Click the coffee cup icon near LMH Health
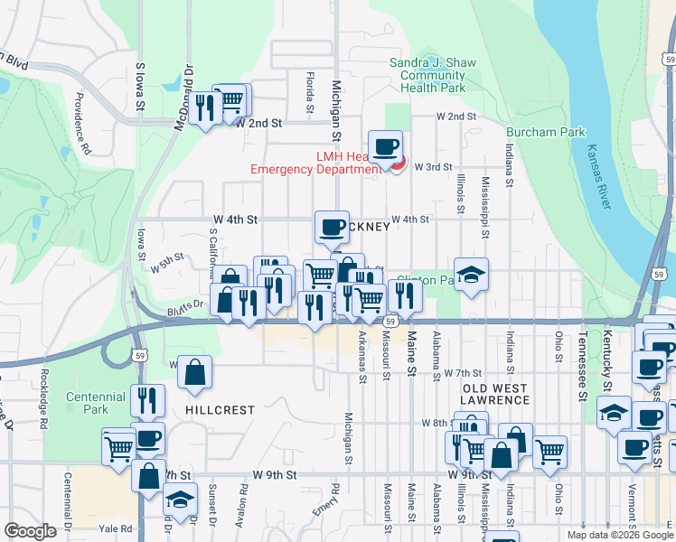385,146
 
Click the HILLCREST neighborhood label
220,409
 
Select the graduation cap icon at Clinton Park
471,275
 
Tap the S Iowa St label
140,86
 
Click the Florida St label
309,87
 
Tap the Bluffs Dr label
184,305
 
